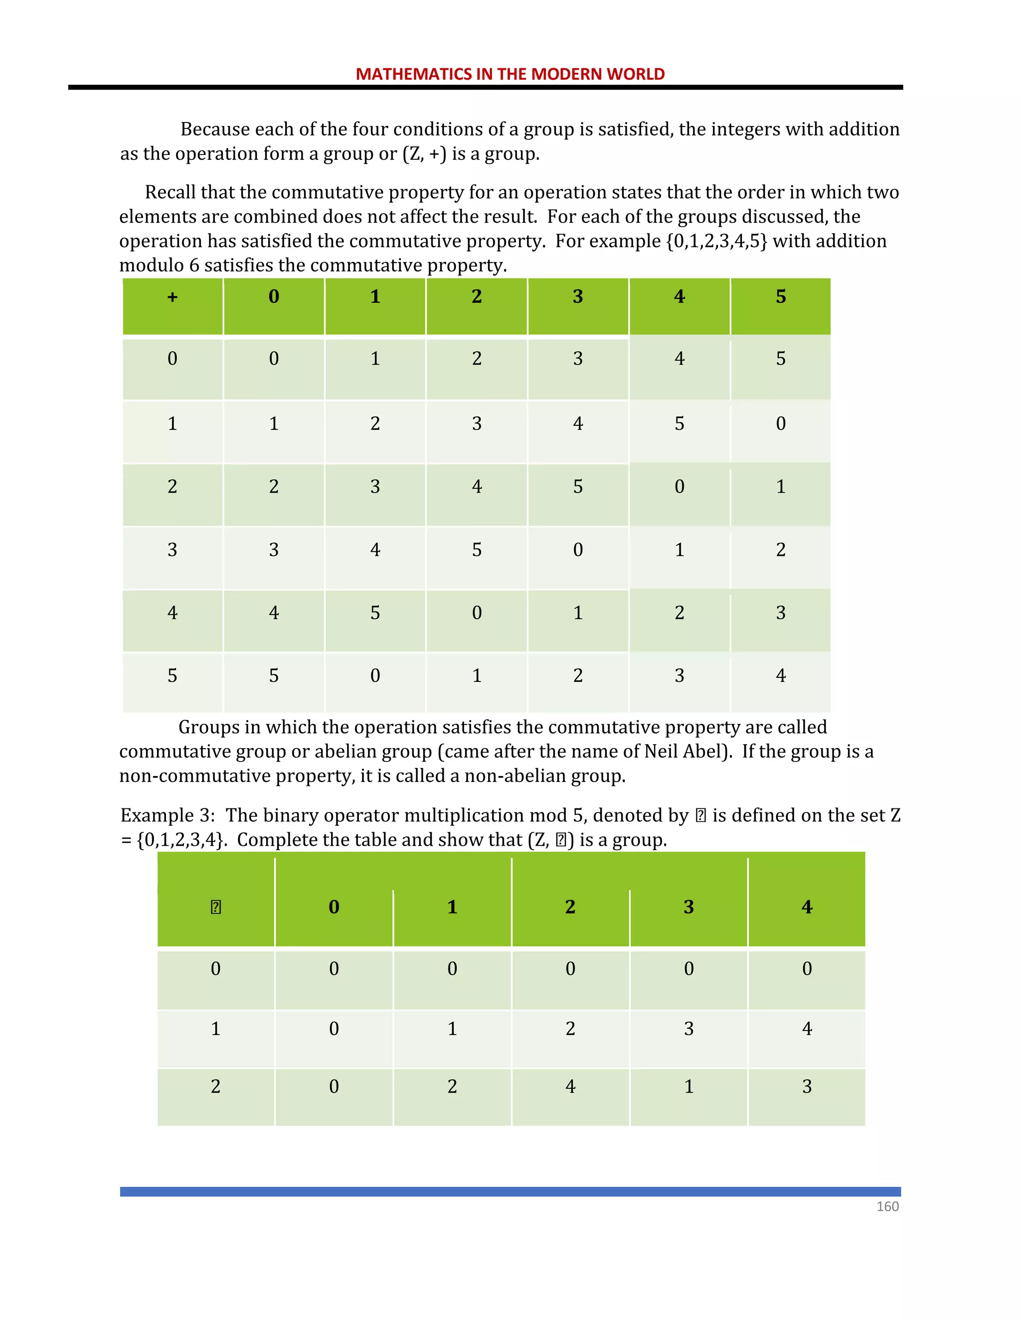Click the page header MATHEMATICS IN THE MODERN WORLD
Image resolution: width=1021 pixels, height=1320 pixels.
(x=510, y=74)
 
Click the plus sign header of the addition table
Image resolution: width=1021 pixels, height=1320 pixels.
(x=172, y=297)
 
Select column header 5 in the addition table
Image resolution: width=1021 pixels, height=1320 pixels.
(x=781, y=297)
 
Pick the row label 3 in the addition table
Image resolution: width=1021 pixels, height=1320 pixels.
(x=172, y=549)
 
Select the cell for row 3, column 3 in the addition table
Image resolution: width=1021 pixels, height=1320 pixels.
(x=578, y=549)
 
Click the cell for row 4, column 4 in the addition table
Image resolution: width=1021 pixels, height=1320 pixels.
(x=680, y=612)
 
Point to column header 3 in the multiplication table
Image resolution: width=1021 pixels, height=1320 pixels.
(x=688, y=907)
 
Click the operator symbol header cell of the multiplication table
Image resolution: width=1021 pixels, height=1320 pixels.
(x=215, y=907)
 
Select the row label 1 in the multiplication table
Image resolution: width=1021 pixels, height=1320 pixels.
(x=215, y=1028)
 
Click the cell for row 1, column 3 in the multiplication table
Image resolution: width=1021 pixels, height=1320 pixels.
(x=688, y=1028)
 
